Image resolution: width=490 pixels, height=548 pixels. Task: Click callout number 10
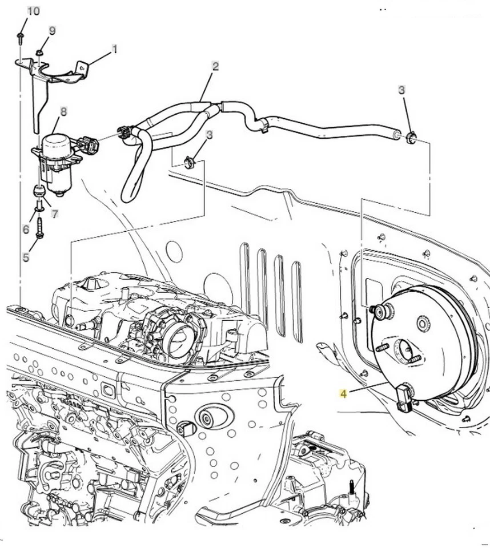click(x=34, y=11)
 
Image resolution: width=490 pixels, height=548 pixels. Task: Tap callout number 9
click(x=52, y=31)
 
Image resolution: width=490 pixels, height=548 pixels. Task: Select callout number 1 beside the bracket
click(x=114, y=49)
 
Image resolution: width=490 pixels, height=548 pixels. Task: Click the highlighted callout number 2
click(x=215, y=66)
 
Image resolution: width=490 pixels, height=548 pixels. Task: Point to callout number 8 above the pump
click(x=63, y=111)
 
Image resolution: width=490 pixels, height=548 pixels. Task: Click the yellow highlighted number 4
click(x=343, y=393)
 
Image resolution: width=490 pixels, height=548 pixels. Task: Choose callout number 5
click(x=26, y=257)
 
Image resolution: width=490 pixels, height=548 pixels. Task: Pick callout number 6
click(x=26, y=229)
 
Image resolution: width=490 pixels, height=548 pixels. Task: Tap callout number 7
click(x=54, y=214)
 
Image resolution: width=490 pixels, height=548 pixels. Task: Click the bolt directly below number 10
click(x=20, y=38)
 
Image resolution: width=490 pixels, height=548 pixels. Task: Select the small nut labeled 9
click(x=39, y=53)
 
